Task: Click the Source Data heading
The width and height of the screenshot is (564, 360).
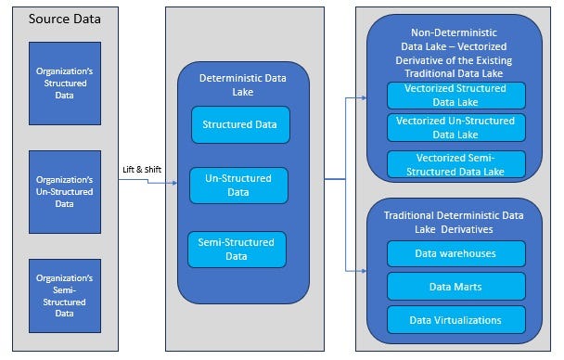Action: (66, 19)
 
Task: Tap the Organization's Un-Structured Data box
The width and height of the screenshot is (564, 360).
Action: (65, 191)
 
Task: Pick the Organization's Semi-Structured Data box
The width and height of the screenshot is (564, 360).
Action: (65, 294)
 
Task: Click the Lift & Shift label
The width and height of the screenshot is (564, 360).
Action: (142, 170)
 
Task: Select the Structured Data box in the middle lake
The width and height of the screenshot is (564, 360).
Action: (240, 124)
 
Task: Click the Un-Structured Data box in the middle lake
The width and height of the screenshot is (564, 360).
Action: (238, 185)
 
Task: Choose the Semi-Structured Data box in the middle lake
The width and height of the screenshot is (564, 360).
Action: (237, 249)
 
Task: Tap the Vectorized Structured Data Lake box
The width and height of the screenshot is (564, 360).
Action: (455, 96)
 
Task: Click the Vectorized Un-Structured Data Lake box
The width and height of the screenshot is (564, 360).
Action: (455, 127)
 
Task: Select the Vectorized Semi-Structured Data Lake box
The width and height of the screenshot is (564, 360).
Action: (455, 164)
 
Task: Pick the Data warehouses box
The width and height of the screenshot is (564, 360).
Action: (455, 252)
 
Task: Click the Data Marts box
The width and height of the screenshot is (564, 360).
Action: (455, 286)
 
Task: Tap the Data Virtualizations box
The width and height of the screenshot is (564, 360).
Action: (455, 319)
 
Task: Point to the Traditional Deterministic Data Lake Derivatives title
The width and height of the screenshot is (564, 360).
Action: (455, 222)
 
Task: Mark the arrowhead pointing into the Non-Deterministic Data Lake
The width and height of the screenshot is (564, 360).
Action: (363, 96)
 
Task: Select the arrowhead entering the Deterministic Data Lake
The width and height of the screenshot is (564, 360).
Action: (173, 182)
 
